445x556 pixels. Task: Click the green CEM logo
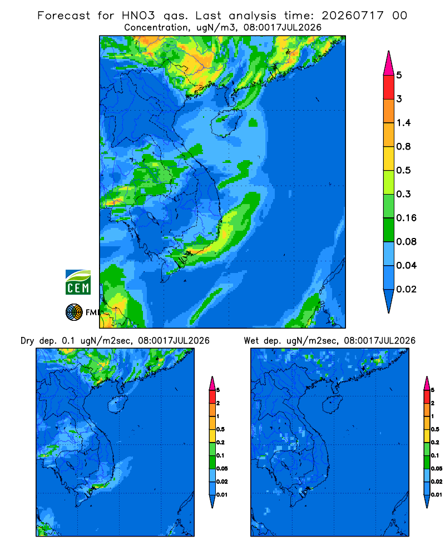click(78, 282)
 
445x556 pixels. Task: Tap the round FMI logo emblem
click(74, 312)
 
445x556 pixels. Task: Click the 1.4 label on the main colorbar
click(403, 123)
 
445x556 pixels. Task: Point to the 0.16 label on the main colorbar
click(406, 218)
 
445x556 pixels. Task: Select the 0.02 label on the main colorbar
click(406, 289)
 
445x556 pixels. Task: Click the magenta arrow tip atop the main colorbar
click(389, 63)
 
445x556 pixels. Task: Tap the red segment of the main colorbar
click(389, 87)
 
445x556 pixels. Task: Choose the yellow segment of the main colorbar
click(389, 158)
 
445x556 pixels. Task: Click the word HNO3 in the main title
click(139, 16)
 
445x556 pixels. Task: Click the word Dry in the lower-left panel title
click(27, 341)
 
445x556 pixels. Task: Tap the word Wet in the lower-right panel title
click(251, 341)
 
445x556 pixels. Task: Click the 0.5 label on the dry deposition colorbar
click(221, 429)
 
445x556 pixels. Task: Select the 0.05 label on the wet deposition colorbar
click(437, 468)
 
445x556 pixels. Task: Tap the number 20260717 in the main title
click(353, 16)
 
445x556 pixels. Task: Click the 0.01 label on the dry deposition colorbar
click(222, 495)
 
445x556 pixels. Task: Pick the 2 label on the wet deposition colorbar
click(433, 403)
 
